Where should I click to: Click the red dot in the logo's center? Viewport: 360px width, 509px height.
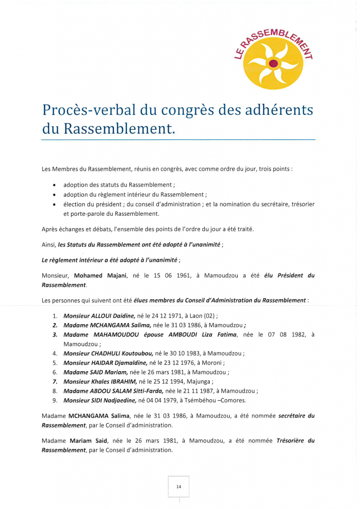point(272,63)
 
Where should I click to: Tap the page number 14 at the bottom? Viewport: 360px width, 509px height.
point(179,486)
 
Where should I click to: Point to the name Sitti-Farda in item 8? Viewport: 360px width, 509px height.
point(146,391)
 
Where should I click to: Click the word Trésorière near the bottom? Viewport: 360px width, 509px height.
point(293,440)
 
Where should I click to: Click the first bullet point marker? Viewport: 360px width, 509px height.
point(54,185)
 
